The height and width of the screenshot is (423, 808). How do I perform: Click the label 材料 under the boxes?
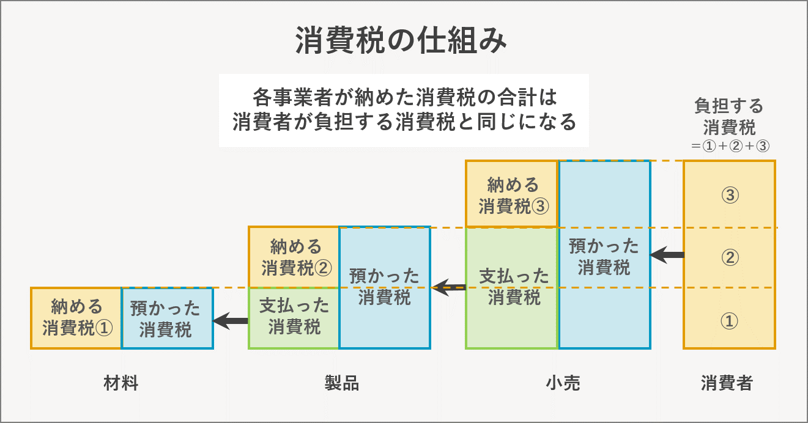(x=121, y=383)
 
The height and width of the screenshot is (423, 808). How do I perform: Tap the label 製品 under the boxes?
(x=341, y=383)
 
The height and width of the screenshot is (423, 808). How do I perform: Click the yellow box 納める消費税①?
(x=76, y=318)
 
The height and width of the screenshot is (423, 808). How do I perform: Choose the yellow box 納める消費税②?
(x=294, y=257)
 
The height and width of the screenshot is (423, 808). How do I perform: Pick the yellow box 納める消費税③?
(x=512, y=194)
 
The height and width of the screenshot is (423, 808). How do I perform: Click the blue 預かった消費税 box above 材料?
(x=167, y=318)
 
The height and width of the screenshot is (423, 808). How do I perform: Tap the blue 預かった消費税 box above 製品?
(x=384, y=287)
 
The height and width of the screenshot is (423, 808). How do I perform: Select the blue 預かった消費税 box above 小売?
(x=604, y=256)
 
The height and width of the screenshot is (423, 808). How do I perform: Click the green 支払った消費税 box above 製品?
(x=294, y=317)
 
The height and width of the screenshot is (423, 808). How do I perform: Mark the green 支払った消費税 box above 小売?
(x=512, y=287)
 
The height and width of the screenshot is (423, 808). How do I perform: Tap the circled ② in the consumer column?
(x=729, y=257)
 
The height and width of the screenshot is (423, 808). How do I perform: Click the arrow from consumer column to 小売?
(x=667, y=255)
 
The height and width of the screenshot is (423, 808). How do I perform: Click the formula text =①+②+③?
(x=729, y=147)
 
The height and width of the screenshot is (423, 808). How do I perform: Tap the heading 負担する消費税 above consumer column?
(x=729, y=116)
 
